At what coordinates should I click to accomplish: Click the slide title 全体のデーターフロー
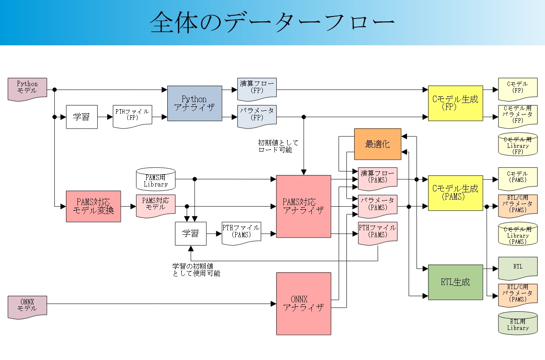pos(272,22)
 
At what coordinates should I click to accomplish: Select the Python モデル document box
pos(27,89)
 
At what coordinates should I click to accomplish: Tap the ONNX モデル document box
pos(27,307)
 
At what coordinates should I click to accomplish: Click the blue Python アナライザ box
pos(194,103)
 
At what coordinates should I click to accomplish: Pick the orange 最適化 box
pos(378,144)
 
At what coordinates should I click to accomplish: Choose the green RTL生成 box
pos(456,282)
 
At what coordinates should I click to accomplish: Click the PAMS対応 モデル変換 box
pos(94,206)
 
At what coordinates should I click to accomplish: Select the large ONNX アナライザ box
pos(304,304)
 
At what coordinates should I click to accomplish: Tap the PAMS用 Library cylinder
pos(156,179)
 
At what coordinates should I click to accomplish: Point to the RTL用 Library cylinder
pos(518,323)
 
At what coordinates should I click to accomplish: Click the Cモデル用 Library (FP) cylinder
pos(518,144)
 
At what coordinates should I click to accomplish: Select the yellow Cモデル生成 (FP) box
pos(456,103)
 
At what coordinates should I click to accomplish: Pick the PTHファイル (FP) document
pos(132,117)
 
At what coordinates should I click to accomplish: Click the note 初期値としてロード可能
pos(278,146)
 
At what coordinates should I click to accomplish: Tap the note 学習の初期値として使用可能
pos(196,270)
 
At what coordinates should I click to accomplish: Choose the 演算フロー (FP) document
pos(257,89)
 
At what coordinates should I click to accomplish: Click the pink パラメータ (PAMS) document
pos(378,206)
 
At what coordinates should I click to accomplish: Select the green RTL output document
pos(518,268)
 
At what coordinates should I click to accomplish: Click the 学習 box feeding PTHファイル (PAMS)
pos(191,234)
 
